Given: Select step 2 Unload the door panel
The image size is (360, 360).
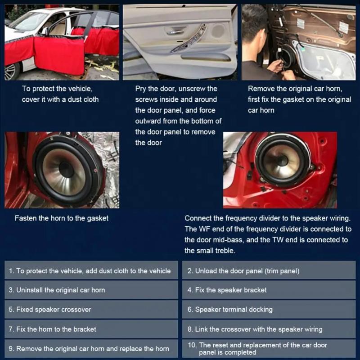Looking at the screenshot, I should point(270,271).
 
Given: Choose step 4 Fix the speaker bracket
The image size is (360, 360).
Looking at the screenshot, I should point(270,290).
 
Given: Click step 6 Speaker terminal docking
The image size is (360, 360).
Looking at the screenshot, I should point(270,310).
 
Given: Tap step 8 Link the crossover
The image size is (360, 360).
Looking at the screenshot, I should point(270,329).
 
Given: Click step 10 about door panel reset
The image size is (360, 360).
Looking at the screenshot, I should point(270,349).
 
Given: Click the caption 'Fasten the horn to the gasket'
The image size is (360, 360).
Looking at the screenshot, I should point(62,218).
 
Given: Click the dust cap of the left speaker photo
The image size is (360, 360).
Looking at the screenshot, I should point(66,169).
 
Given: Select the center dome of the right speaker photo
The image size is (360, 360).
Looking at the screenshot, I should point(283,160).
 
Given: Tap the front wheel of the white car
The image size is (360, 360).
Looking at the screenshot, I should point(11,71).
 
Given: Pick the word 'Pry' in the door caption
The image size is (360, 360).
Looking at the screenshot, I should point(141,89).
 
